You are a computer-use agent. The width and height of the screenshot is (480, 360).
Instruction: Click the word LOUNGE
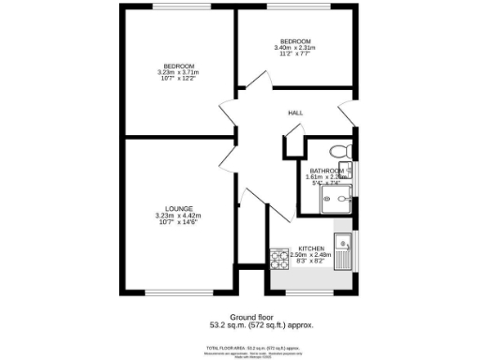(x=178, y=208)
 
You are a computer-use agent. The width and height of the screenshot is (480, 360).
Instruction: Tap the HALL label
(x=295, y=113)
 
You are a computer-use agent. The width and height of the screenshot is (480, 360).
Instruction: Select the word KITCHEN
(x=312, y=248)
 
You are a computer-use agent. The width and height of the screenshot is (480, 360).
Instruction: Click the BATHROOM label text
(x=326, y=170)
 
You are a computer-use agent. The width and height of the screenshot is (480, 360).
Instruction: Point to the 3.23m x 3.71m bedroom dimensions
(x=178, y=72)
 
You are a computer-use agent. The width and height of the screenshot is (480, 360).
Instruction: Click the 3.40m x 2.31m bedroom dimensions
(x=296, y=48)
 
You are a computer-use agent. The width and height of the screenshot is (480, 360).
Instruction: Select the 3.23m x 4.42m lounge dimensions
(x=178, y=217)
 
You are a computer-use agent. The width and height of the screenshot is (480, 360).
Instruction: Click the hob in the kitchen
(x=278, y=255)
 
